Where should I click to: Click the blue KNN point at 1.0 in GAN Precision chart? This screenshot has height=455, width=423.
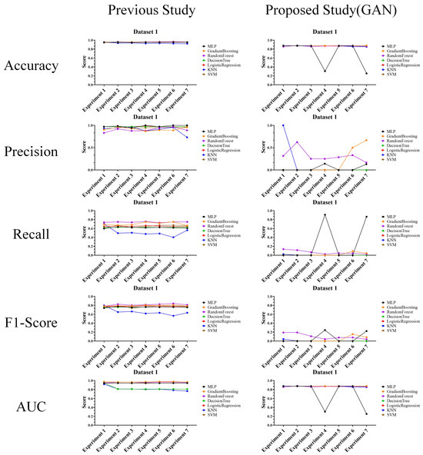coord(261,125)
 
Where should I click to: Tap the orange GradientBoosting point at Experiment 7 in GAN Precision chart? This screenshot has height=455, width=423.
coord(387,140)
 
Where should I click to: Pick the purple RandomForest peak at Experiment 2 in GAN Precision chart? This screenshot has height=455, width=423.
coord(282,141)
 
